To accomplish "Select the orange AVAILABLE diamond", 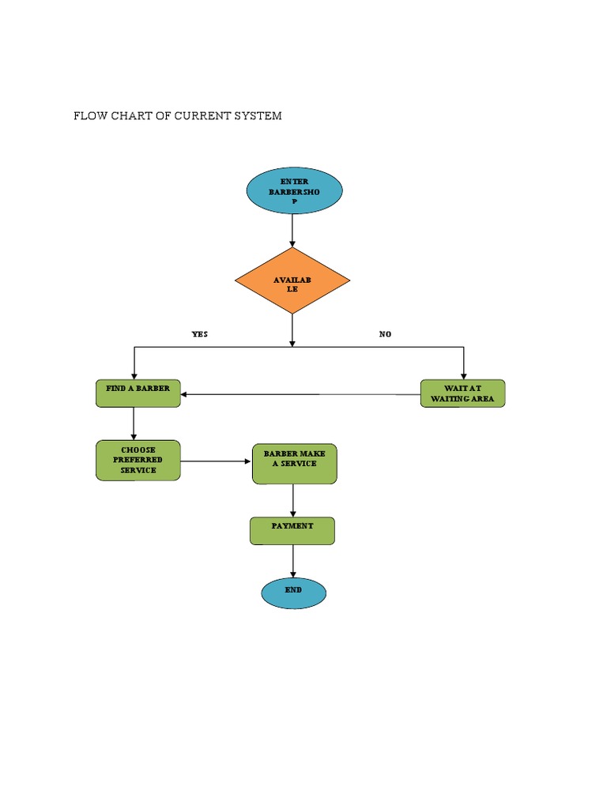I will tap(292, 280).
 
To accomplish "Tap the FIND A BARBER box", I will tap(138, 393).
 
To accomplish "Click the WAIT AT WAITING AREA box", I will tap(462, 393).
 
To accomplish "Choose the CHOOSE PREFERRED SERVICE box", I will tap(138, 461).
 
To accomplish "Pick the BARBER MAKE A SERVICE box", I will tap(294, 464).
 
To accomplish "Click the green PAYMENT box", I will tap(292, 531).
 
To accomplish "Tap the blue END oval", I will tap(293, 594).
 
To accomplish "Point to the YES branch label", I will tap(200, 334).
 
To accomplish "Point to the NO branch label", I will tap(385, 334).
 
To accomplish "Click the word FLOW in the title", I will tap(89, 116).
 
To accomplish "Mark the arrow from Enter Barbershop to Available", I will tap(292, 231).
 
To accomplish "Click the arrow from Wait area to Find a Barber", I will tap(300, 394).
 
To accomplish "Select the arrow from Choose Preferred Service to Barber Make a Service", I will tap(216, 461).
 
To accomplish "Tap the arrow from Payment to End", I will tap(293, 562).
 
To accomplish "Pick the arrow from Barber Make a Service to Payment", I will tap(293, 500).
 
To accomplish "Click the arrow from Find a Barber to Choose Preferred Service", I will tap(134, 424).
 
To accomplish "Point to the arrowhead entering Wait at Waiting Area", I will tap(463, 374).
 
